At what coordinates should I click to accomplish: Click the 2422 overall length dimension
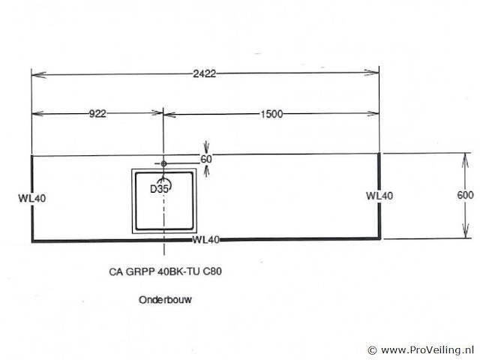(204, 73)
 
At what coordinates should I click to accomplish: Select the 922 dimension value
(97, 114)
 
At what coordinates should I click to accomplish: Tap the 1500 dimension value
(271, 115)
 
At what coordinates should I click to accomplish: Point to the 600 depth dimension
(465, 195)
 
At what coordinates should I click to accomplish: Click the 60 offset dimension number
(206, 159)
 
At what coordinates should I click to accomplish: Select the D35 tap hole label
(159, 189)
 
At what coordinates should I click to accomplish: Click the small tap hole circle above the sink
(163, 163)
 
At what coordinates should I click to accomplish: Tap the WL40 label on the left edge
(32, 198)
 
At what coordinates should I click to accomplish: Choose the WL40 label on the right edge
(379, 196)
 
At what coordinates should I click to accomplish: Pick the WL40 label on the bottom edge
(206, 240)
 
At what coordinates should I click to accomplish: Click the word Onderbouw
(165, 300)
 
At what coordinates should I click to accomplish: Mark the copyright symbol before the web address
(372, 350)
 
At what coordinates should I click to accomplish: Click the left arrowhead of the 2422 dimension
(39, 75)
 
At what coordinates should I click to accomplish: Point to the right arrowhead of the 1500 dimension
(372, 114)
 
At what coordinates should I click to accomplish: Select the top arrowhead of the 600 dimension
(465, 160)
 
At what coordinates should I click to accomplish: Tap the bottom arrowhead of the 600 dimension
(466, 231)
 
